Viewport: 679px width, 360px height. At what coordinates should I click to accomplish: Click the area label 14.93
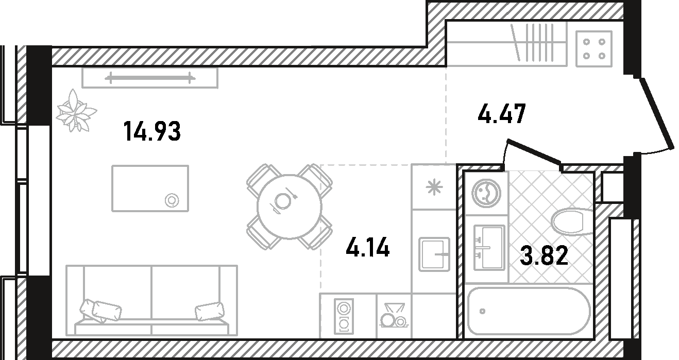coord(152,132)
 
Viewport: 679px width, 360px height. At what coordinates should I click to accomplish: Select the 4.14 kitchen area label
coord(368,248)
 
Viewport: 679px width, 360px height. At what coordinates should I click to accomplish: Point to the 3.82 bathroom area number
coord(544,255)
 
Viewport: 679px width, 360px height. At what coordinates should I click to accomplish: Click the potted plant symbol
coord(76,111)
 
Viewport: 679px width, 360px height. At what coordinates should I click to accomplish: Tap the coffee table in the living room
coord(150,188)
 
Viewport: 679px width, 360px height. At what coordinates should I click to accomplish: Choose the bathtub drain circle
coord(482,312)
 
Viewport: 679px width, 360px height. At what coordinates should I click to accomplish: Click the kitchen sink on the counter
coord(434,254)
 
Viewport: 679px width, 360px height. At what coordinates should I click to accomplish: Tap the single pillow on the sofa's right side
coord(210,312)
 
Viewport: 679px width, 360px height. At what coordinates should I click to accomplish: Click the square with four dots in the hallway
coord(594,49)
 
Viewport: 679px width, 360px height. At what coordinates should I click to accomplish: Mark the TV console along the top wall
coord(150,78)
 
